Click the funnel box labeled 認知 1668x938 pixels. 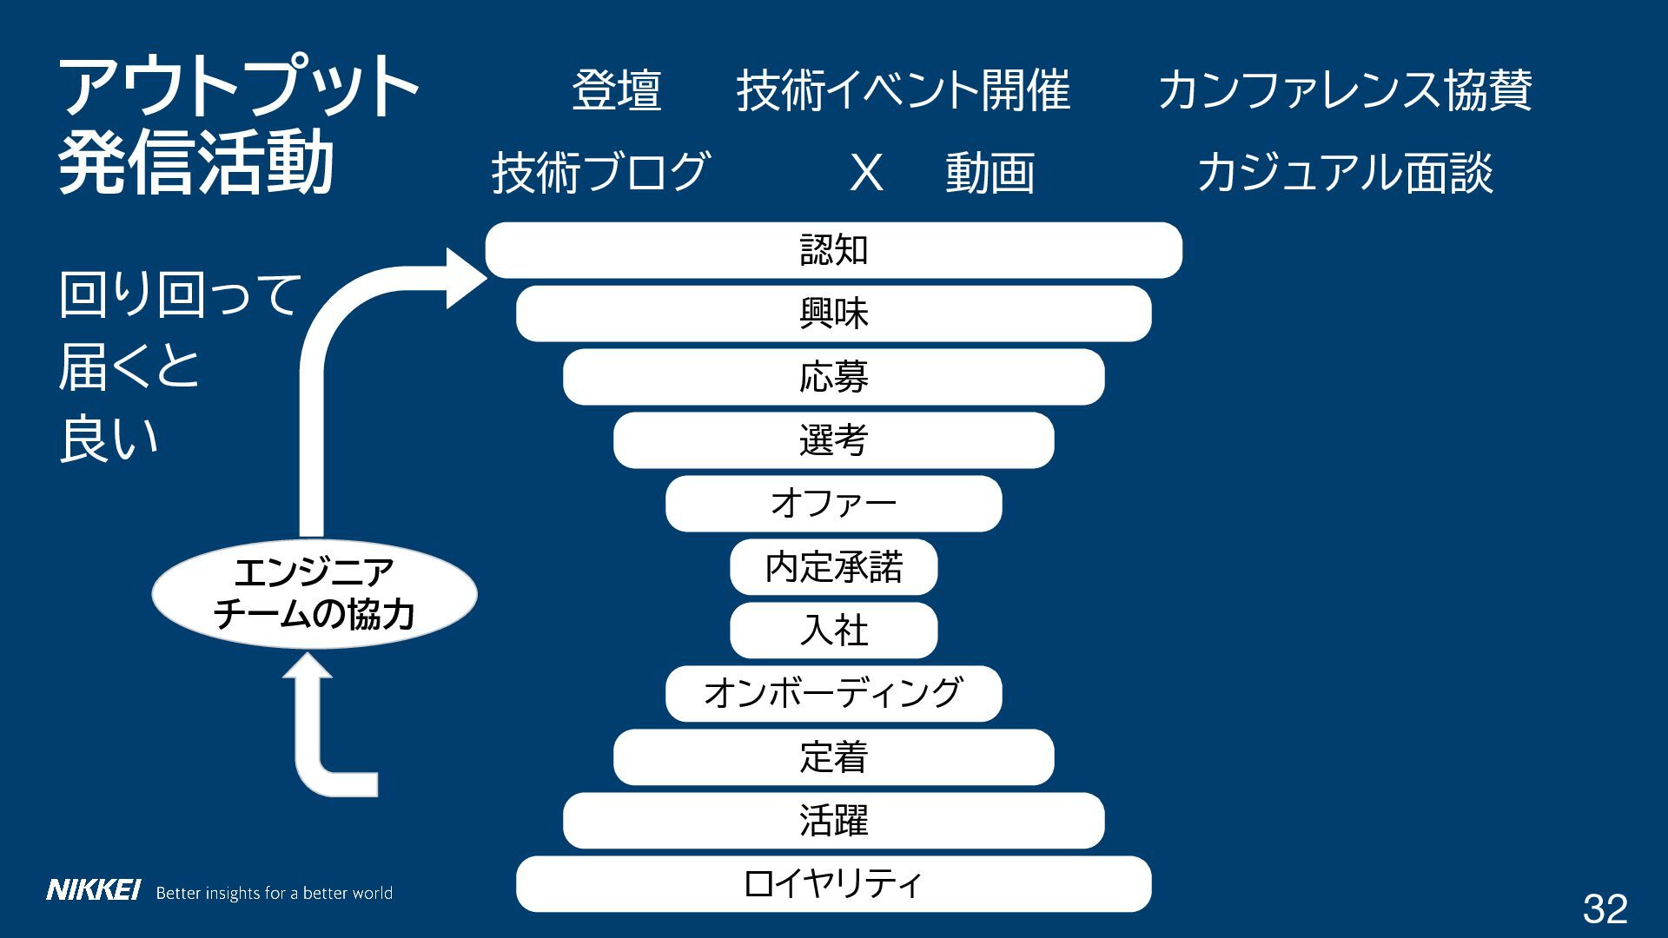833,250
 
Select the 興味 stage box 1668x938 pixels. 833,314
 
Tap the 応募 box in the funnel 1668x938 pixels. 833,377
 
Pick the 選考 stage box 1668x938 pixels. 833,440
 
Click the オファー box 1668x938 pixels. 833,504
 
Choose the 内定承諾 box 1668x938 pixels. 833,567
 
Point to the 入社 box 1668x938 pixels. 833,631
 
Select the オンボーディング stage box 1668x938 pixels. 833,694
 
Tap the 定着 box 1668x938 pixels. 833,757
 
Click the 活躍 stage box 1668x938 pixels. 833,821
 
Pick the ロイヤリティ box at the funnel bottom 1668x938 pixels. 833,884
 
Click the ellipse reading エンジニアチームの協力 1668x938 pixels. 314,594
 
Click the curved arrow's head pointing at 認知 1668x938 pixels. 464,278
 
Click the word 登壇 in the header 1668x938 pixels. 617,90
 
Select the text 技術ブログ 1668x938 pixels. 600,172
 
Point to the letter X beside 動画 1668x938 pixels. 866,172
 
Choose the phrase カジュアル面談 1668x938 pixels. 1345,172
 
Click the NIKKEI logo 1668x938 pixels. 93,890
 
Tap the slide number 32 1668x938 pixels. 1605,908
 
